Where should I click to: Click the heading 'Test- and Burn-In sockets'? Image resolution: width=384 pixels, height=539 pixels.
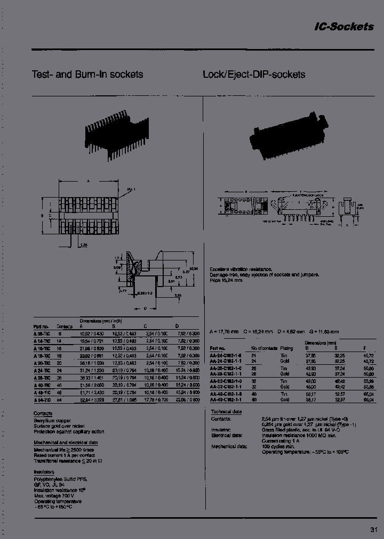coord(87,75)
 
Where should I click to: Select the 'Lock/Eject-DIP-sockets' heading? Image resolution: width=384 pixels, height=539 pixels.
coord(254,75)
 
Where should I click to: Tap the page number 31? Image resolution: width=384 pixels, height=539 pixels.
coord(373,529)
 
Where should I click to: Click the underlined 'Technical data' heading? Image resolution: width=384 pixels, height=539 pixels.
coord(227,412)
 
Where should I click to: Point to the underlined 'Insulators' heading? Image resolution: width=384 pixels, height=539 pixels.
coord(44,471)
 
